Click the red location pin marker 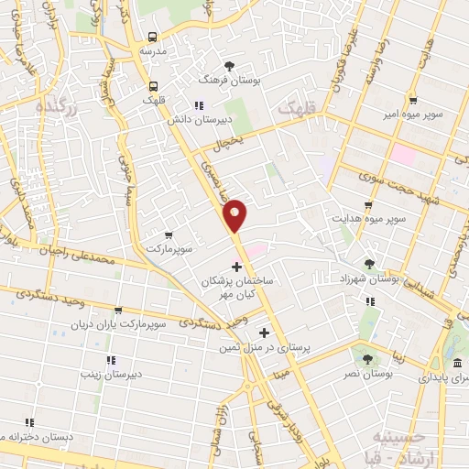tap(235, 214)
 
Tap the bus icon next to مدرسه tap(152, 38)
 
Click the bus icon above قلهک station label tap(155, 87)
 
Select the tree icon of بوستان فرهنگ tap(229, 65)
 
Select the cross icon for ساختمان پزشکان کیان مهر tap(237, 267)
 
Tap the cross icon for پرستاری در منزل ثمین tap(265, 333)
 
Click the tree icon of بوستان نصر tap(366, 360)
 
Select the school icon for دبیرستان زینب tap(111, 360)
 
